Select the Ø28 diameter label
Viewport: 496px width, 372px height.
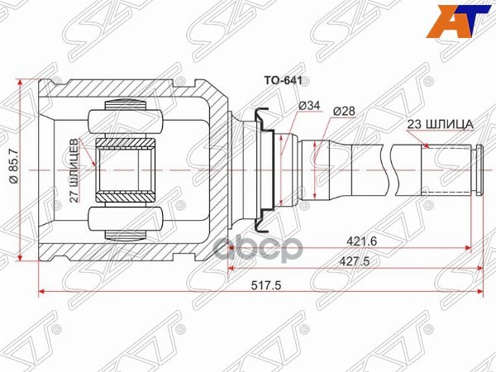tap(345, 110)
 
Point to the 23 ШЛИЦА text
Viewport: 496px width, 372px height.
tap(439, 125)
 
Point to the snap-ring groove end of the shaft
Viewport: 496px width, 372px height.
tap(479, 169)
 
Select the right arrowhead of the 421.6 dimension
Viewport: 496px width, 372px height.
tap(467, 246)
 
